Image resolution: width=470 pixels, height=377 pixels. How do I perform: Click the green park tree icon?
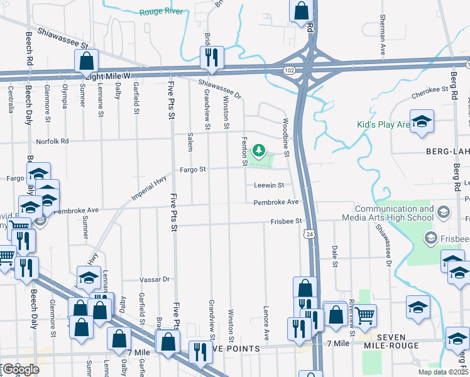click(258, 150)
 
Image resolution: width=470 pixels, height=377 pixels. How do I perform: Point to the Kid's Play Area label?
click(384, 125)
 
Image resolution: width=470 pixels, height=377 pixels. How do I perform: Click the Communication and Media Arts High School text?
click(393, 213)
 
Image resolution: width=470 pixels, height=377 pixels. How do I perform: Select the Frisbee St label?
click(287, 221)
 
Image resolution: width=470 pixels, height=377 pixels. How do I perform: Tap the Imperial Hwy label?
click(151, 187)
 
